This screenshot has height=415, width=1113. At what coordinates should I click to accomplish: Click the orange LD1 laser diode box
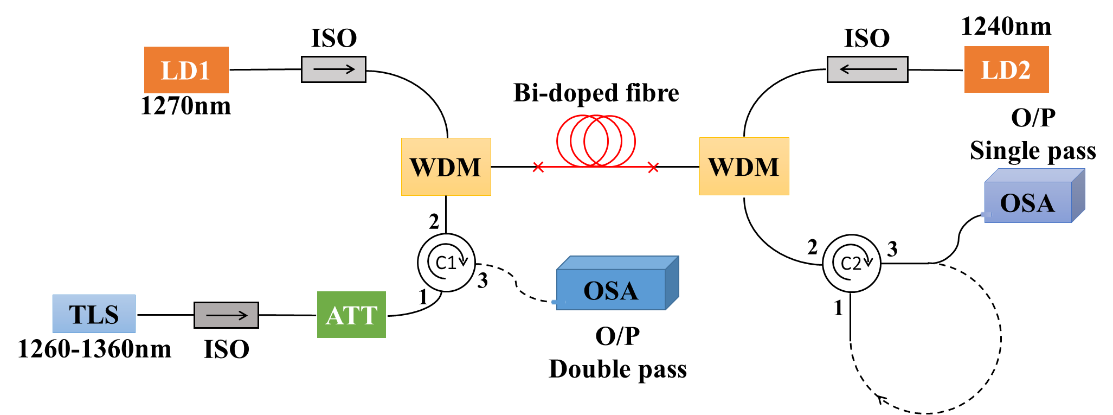[x=186, y=70]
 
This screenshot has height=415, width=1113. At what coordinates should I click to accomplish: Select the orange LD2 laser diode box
[x=1006, y=69]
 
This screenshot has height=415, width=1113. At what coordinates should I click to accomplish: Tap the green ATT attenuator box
[x=351, y=315]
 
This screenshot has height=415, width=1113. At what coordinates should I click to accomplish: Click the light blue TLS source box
[x=94, y=314]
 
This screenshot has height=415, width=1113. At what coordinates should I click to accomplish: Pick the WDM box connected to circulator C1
[x=446, y=167]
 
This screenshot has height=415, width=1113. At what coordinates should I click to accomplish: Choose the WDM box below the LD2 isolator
[x=744, y=166]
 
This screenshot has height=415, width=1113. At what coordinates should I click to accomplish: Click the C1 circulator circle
[x=446, y=263]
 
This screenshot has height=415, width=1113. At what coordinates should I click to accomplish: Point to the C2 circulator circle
[x=851, y=263]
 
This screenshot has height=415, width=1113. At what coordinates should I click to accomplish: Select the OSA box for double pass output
[x=612, y=290]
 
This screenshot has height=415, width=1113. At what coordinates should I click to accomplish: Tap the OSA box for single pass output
[x=1028, y=202]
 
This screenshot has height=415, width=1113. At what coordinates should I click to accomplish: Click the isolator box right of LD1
[x=333, y=69]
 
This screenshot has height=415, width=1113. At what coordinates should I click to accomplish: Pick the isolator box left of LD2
[x=867, y=69]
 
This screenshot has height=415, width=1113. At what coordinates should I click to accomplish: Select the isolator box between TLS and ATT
[x=226, y=315]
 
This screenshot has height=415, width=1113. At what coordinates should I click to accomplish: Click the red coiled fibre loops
[x=596, y=141]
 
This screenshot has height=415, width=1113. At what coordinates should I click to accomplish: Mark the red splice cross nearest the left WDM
[x=538, y=167]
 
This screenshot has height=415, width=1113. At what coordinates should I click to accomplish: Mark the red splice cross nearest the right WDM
[x=653, y=167]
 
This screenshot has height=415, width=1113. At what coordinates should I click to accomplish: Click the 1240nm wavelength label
[x=1006, y=26]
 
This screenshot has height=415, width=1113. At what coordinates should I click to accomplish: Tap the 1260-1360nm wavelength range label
[x=94, y=349]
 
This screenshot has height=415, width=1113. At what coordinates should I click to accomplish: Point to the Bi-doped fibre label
[x=596, y=93]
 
